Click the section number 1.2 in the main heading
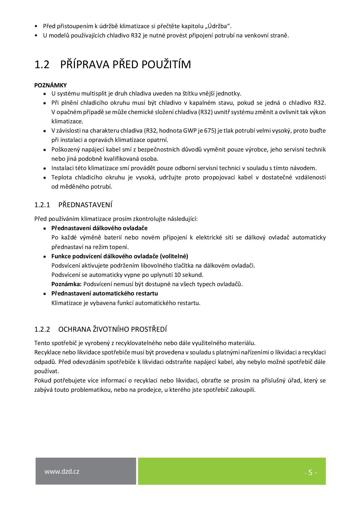click(42, 64)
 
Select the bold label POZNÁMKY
click(51, 85)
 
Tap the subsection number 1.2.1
click(42, 205)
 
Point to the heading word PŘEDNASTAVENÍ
click(85, 205)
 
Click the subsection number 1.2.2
click(42, 329)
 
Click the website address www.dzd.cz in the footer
click(62, 472)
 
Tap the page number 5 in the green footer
click(310, 473)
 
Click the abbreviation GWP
click(190, 131)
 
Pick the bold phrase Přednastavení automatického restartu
click(105, 293)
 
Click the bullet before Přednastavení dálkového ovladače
click(44, 228)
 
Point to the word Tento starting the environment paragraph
click(42, 343)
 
